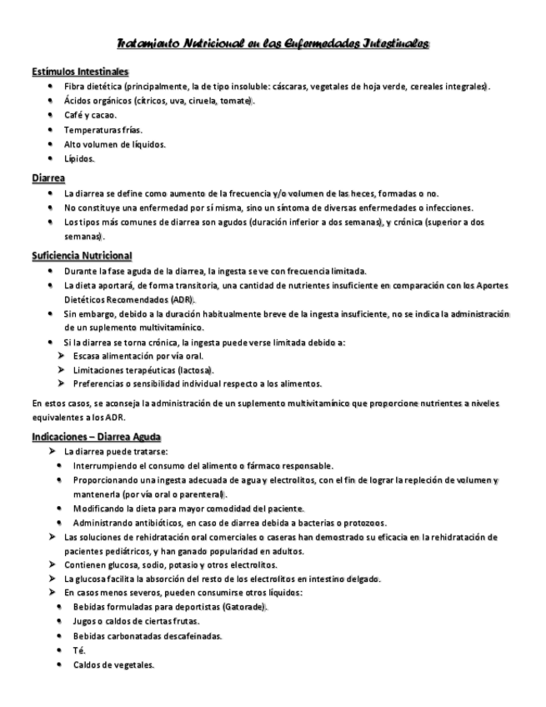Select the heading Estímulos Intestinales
click(79, 72)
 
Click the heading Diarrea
click(49, 178)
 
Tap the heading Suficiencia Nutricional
click(82, 255)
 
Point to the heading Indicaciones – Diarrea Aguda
click(97, 437)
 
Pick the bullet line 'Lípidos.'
click(79, 158)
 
